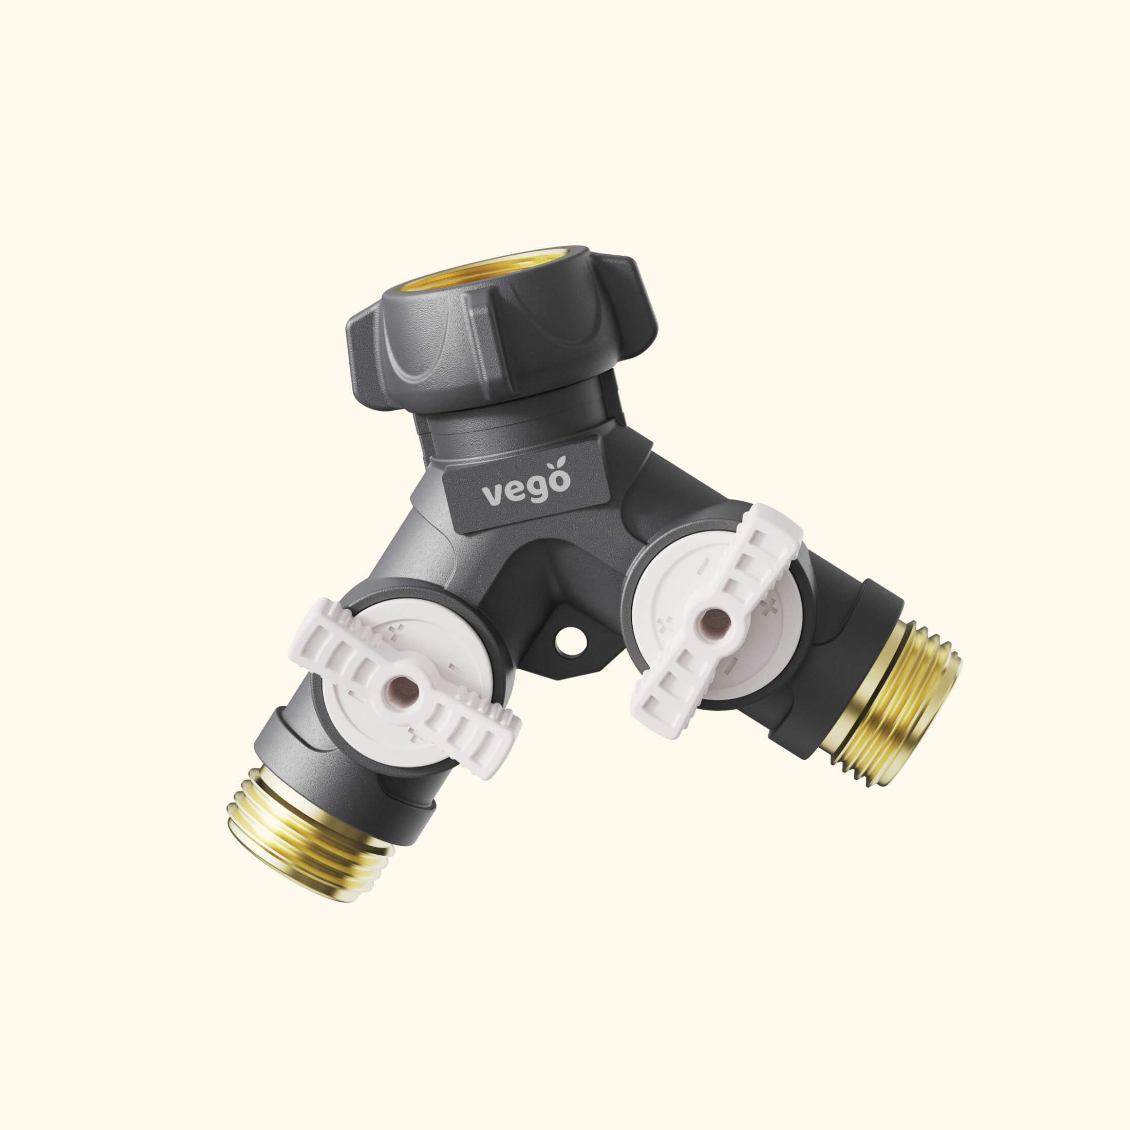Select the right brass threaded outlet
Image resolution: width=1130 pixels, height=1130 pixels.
tap(895, 702)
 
